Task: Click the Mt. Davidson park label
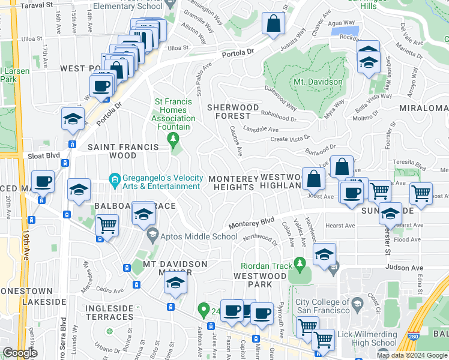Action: click(x=318, y=82)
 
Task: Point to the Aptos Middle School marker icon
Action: click(x=152, y=236)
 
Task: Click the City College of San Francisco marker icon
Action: click(x=357, y=303)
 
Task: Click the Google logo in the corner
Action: click(x=19, y=353)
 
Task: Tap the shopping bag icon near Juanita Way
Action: click(x=273, y=25)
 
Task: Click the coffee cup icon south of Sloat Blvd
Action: click(x=43, y=181)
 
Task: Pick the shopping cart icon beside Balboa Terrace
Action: click(x=107, y=226)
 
